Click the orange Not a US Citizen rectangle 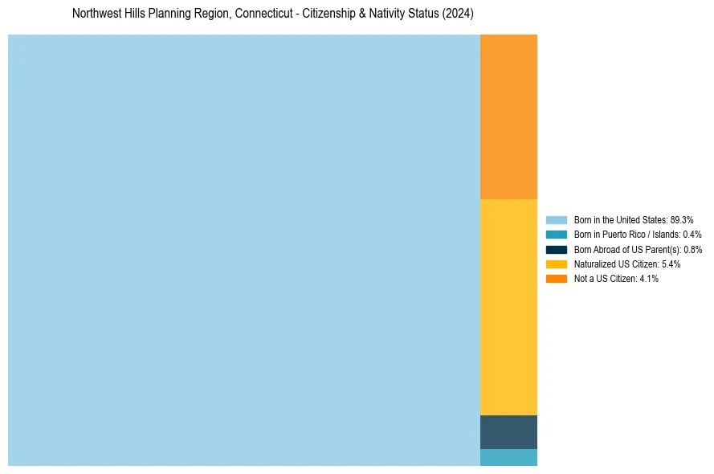click(x=508, y=116)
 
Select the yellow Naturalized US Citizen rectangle click(x=508, y=307)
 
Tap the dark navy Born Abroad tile click(x=508, y=431)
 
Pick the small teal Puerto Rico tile click(x=508, y=457)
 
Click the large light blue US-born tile click(x=243, y=250)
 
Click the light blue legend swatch click(x=557, y=220)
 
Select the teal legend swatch click(x=557, y=235)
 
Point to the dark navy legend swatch click(x=557, y=249)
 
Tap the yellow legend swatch click(x=557, y=264)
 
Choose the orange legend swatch click(x=557, y=278)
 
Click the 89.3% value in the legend click(x=681, y=220)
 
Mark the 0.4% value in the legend click(x=692, y=235)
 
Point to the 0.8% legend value click(x=692, y=250)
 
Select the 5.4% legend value click(x=671, y=264)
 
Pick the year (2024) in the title click(x=458, y=14)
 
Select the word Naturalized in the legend click(x=594, y=264)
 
